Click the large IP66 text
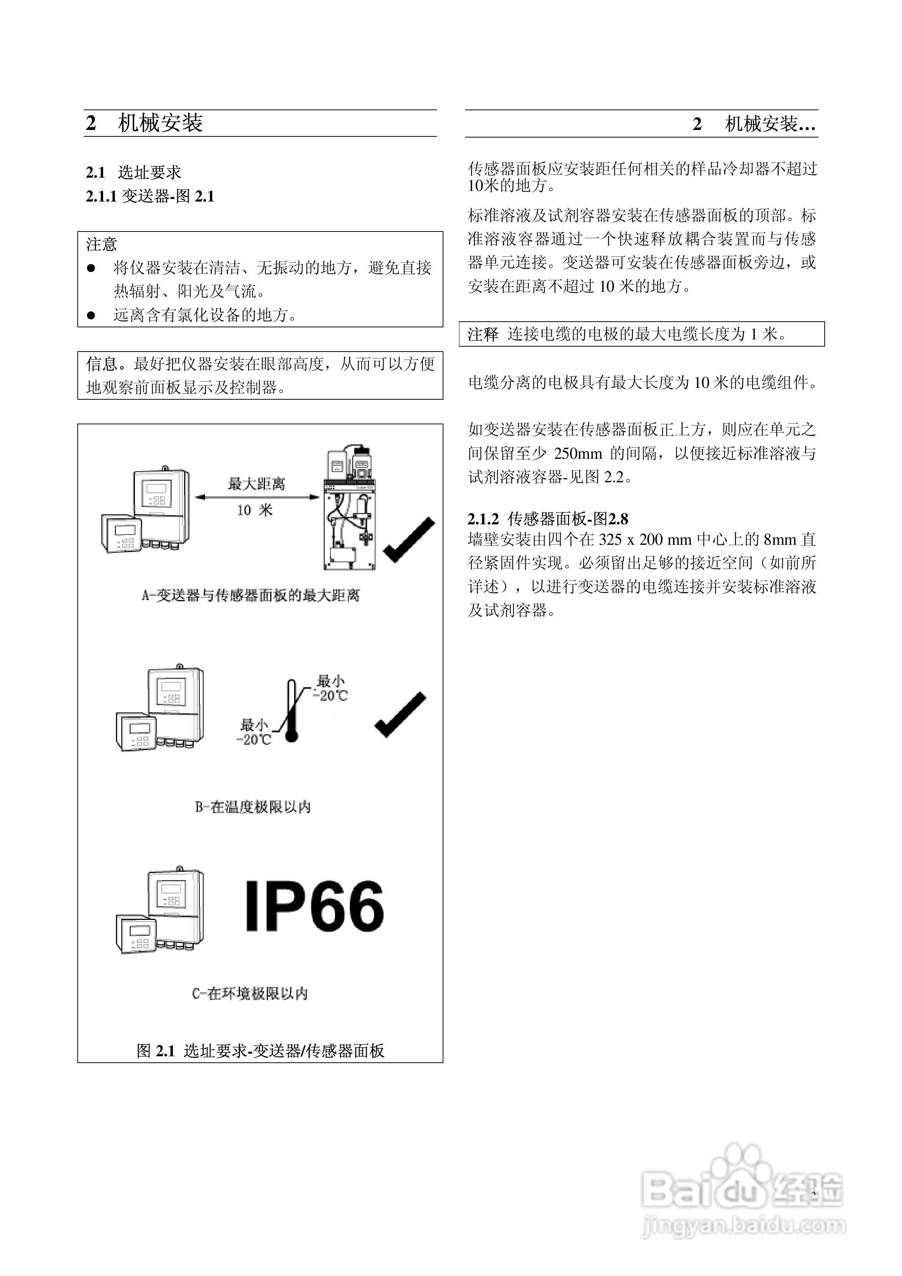pyautogui.click(x=314, y=907)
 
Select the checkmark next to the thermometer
pyautogui.click(x=400, y=715)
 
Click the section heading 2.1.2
pyautogui.click(x=548, y=519)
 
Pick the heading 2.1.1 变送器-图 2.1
pyautogui.click(x=150, y=196)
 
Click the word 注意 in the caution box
pyautogui.click(x=101, y=244)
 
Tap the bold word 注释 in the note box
pyautogui.click(x=483, y=334)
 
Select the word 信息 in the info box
pyautogui.click(x=102, y=364)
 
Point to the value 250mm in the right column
pyautogui.click(x=578, y=453)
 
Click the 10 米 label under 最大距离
pyautogui.click(x=255, y=510)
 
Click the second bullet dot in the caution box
pyautogui.click(x=92, y=316)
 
